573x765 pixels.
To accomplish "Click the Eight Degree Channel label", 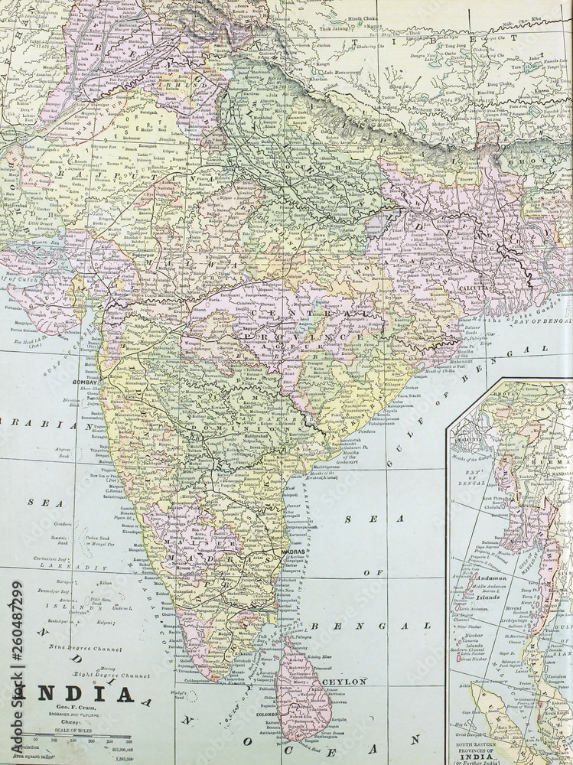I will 111,675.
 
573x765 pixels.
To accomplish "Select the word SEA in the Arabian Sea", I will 34,502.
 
